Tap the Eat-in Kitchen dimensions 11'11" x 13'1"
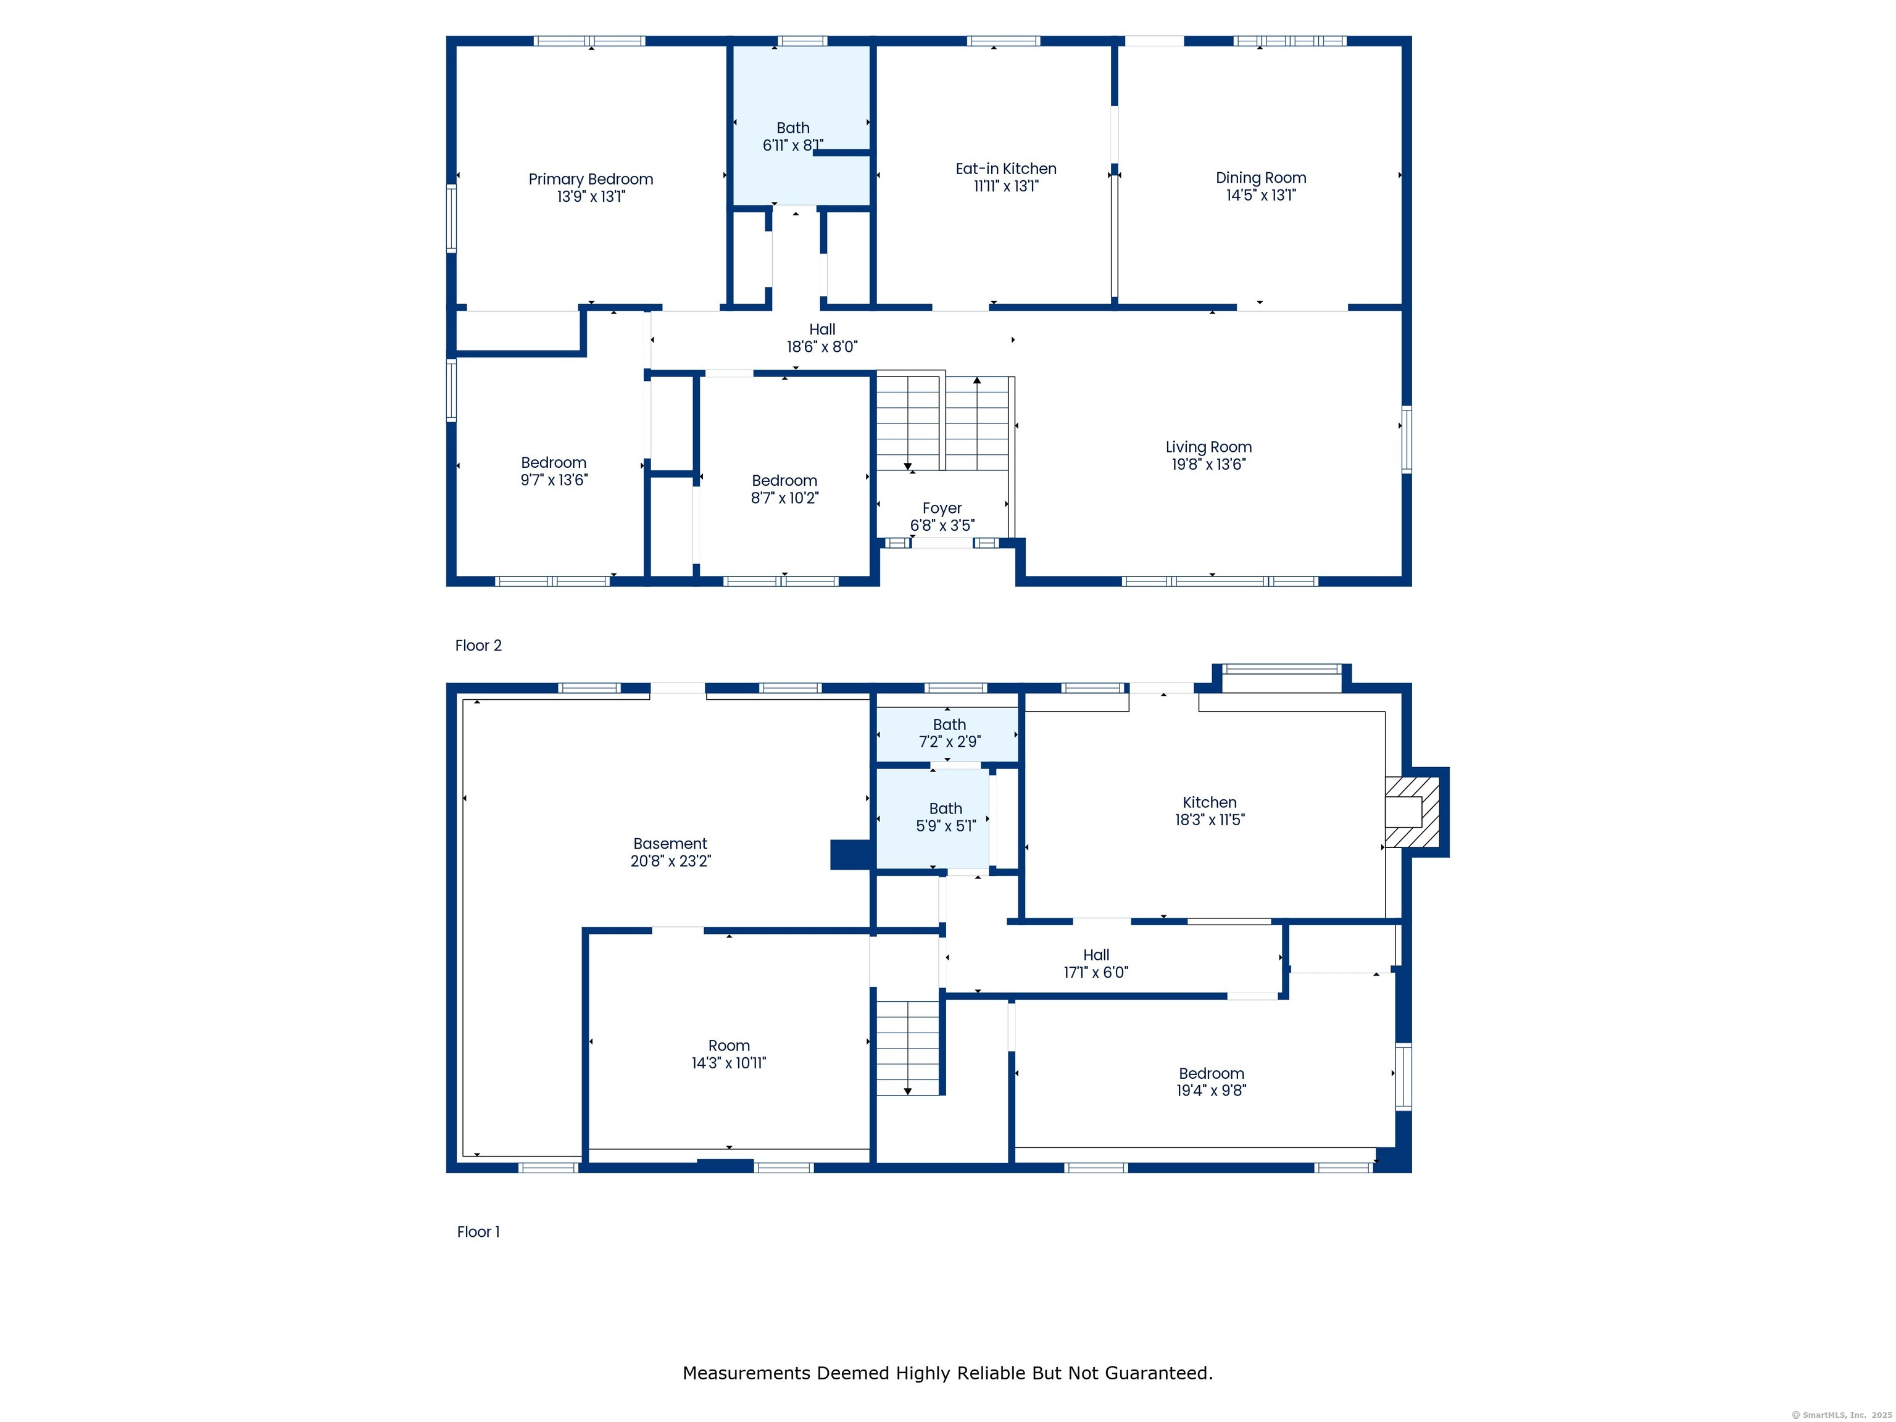point(1006,186)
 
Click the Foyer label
point(942,509)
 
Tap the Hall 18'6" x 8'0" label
point(822,338)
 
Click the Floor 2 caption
point(478,646)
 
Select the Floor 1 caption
point(478,1232)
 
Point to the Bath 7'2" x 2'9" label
point(950,733)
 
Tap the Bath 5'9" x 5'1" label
point(946,817)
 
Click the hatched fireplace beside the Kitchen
point(1413,812)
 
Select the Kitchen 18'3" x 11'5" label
point(1210,811)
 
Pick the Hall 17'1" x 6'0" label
point(1096,963)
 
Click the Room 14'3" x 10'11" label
point(728,1054)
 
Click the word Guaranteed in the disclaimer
point(1158,1373)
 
